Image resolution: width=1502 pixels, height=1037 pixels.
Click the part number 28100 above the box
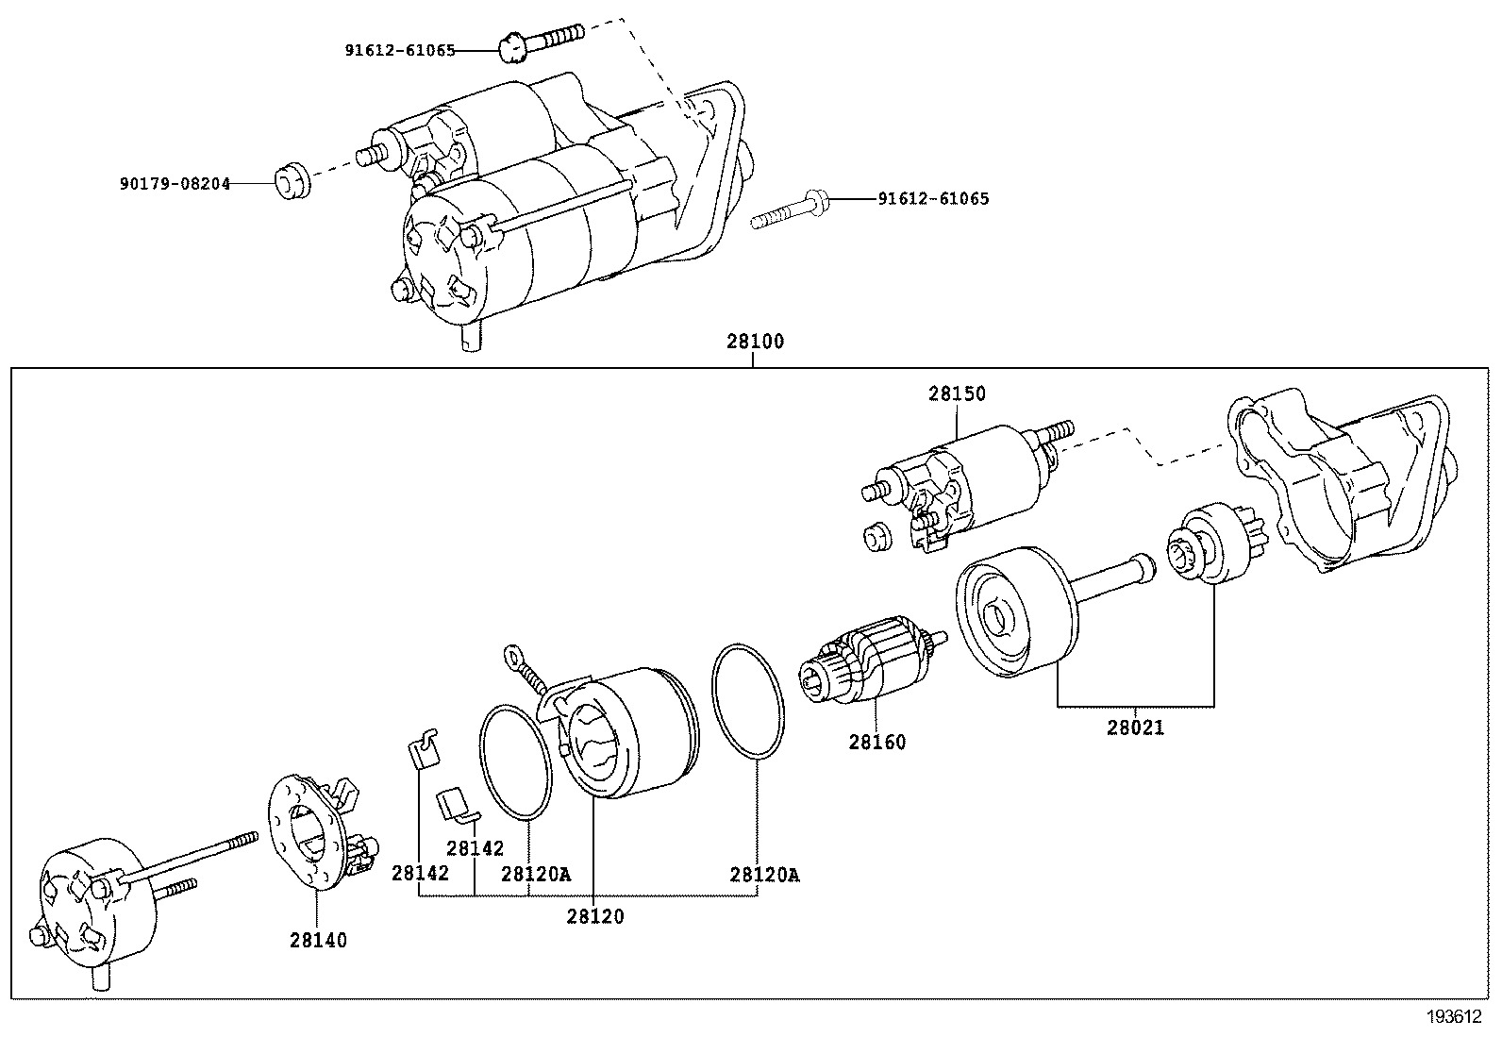tap(755, 342)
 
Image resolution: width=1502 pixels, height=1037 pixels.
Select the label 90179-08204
tap(175, 184)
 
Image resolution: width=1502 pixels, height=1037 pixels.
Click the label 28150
tap(956, 393)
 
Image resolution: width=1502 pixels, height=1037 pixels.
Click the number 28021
tap(1135, 728)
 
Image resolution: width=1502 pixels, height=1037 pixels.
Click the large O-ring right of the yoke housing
tap(749, 699)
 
